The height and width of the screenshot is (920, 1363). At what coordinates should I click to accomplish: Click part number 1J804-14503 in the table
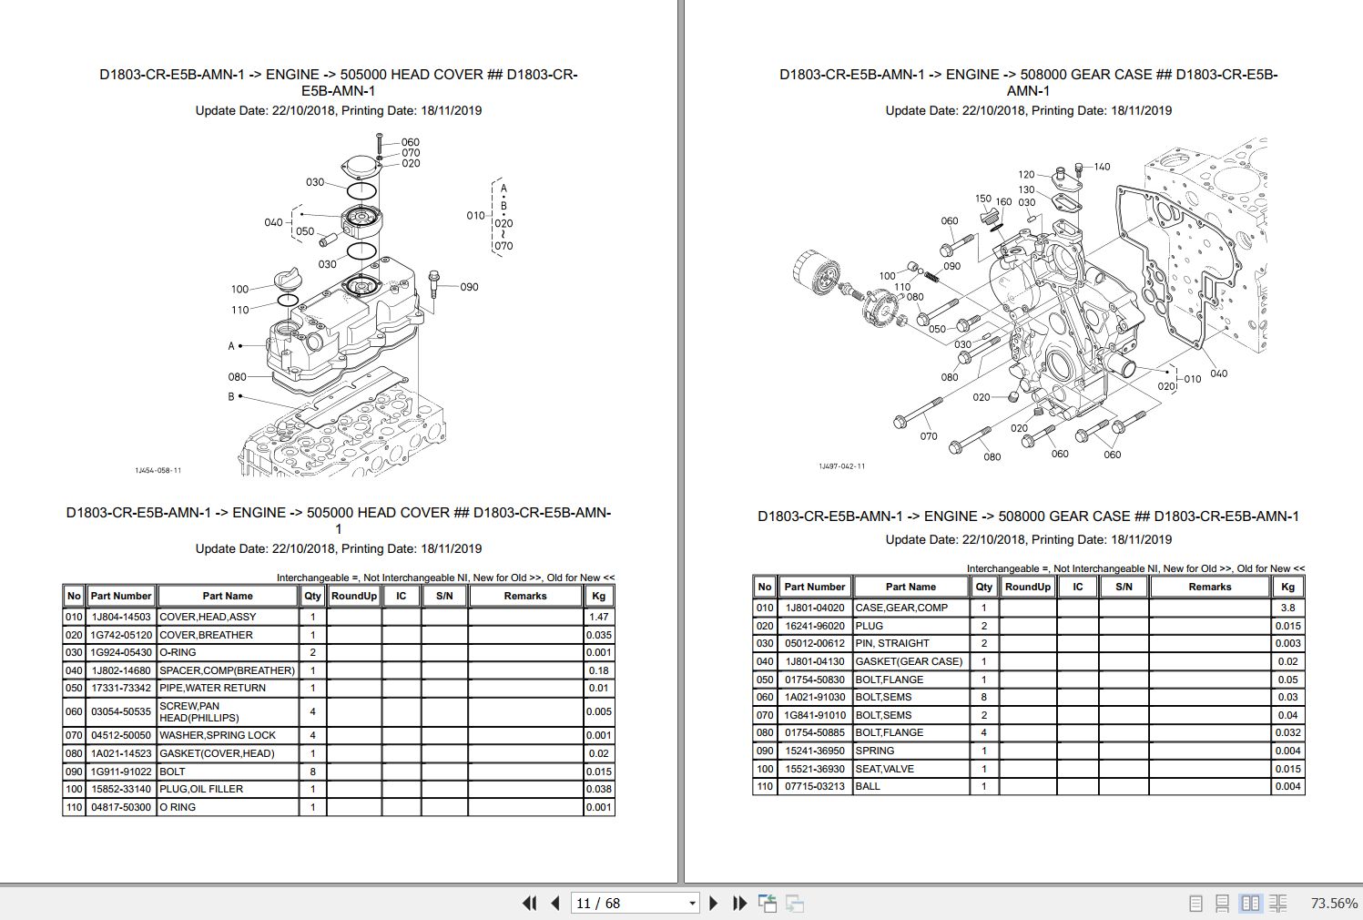120,617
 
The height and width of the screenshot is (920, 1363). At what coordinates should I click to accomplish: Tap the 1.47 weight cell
598,617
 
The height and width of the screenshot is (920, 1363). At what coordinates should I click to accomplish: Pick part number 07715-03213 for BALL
814,786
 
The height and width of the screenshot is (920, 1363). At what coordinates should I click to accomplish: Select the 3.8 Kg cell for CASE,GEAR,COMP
1287,608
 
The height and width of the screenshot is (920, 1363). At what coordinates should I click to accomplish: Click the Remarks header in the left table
525,596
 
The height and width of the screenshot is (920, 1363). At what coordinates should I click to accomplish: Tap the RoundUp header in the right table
1027,587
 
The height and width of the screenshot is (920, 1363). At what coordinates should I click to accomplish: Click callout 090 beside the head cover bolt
468,287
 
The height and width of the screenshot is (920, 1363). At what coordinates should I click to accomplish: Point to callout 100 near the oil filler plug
239,289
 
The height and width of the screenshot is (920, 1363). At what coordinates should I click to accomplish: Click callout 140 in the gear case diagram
1102,167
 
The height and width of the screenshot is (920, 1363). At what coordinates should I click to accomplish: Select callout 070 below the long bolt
928,436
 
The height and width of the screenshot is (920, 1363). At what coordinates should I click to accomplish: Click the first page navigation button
529,903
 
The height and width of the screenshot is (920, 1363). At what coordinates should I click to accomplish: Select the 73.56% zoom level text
1333,903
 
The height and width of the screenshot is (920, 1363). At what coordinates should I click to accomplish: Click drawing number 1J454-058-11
158,471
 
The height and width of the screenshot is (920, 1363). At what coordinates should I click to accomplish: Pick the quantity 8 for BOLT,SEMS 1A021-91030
983,697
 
